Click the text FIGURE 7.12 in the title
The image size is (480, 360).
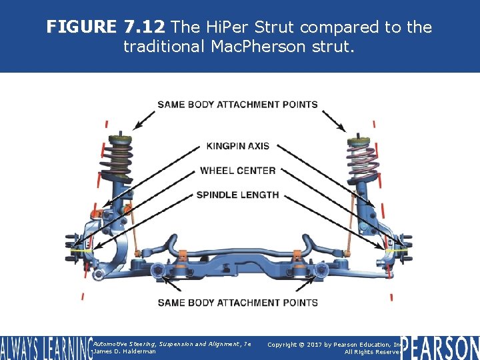pyautogui.click(x=105, y=27)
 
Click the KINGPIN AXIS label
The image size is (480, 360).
pyautogui.click(x=238, y=146)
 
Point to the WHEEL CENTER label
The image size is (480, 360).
pyautogui.click(x=238, y=171)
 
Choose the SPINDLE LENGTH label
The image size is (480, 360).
pyautogui.click(x=238, y=195)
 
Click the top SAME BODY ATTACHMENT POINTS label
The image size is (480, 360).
pyautogui.click(x=238, y=105)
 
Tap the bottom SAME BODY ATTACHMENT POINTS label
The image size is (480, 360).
pyautogui.click(x=238, y=303)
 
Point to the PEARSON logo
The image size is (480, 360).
pyautogui.click(x=439, y=347)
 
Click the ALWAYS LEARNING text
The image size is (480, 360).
pyautogui.click(x=45, y=348)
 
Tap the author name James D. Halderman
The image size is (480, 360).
pyautogui.click(x=125, y=351)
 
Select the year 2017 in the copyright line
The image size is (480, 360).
pyautogui.click(x=311, y=344)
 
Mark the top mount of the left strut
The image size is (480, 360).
pyautogui.click(x=120, y=138)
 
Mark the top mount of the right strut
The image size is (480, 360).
pyautogui.click(x=359, y=142)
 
